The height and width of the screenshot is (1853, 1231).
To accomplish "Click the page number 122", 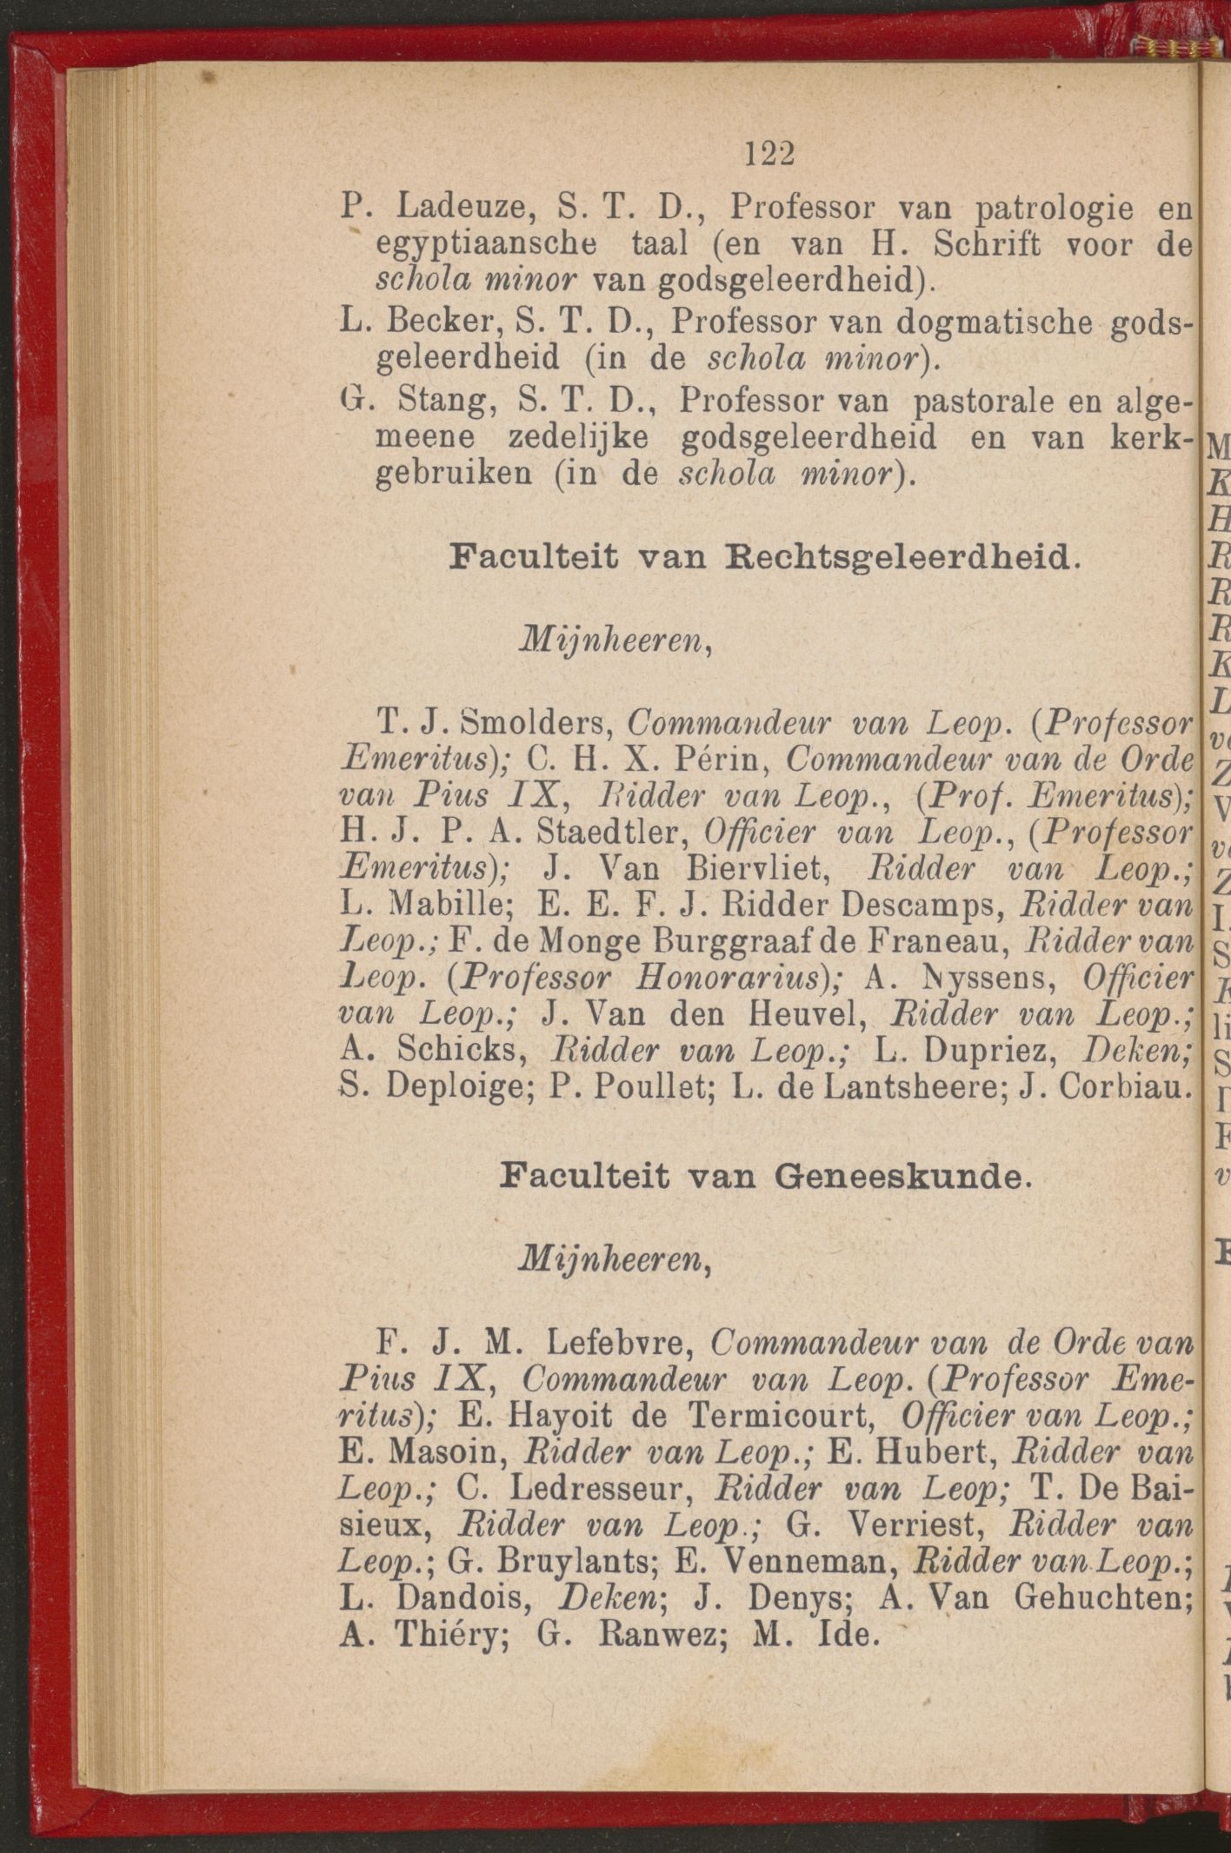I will pyautogui.click(x=770, y=154).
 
